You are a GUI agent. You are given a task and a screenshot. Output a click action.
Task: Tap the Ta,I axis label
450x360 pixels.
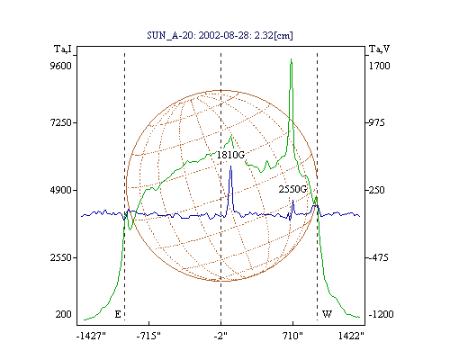coord(63,49)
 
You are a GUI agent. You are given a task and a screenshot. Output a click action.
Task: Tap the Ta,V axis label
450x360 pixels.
coord(379,49)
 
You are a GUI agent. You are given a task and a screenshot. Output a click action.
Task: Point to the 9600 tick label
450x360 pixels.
coord(60,66)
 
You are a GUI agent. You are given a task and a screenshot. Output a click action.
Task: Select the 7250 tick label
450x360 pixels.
coord(60,122)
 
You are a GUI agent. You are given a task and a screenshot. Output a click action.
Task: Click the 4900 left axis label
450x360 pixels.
coord(60,190)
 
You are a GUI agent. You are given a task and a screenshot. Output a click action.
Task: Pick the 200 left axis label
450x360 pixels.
coord(63,314)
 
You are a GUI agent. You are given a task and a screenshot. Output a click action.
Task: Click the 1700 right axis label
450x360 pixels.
coord(379,66)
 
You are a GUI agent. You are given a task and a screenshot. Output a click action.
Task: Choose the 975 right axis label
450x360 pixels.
coord(376,122)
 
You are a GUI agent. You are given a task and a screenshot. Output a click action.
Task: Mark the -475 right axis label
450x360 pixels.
coord(378,257)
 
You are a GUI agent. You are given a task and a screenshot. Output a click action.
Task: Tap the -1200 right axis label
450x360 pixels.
coord(381,314)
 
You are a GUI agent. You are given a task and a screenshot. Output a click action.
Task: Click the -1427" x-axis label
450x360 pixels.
coord(91,336)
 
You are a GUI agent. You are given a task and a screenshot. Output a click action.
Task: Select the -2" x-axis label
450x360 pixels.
coord(220,336)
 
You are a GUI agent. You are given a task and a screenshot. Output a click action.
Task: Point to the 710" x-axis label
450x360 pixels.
coord(292,336)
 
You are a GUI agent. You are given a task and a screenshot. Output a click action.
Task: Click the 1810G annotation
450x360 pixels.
coord(230,155)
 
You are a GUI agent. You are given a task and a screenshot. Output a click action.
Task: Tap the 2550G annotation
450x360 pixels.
coord(292,189)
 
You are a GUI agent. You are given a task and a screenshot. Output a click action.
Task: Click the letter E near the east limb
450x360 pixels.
coord(118,314)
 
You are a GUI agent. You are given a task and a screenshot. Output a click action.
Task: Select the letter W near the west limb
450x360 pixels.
coord(327,314)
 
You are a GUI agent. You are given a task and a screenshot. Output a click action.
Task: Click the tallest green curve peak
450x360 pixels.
coord(291,59)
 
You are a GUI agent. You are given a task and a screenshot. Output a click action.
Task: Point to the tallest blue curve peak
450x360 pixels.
coord(230,166)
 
